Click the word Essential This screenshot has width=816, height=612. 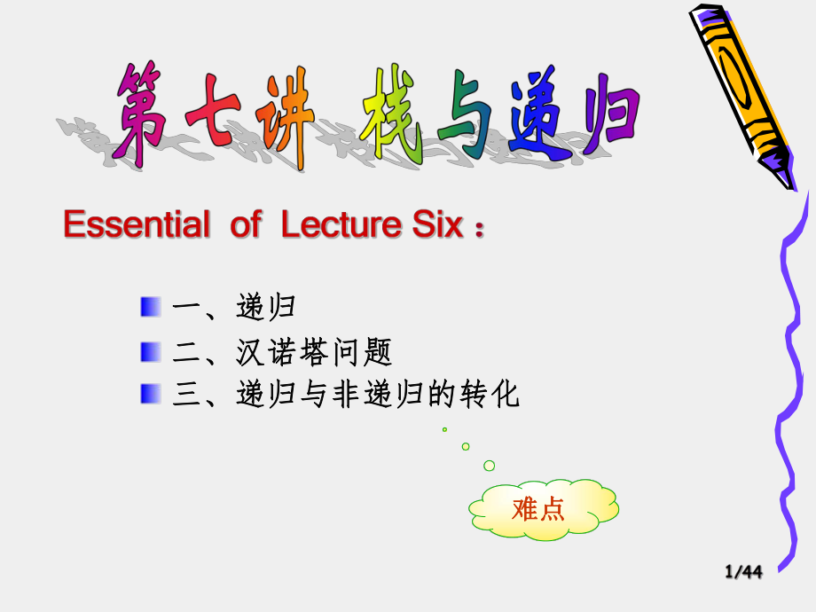pyautogui.click(x=133, y=225)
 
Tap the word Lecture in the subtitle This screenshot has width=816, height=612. pyautogui.click(x=341, y=225)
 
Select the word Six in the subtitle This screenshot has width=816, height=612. pyautogui.click(x=437, y=225)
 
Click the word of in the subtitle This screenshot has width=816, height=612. pyautogui.click(x=245, y=225)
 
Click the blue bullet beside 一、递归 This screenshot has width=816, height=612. pyautogui.click(x=150, y=307)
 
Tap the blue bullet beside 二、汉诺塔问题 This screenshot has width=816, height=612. pyautogui.click(x=150, y=352)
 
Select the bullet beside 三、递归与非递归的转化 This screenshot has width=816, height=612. pyautogui.click(x=150, y=394)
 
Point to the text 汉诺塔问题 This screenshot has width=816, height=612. pyautogui.click(x=314, y=353)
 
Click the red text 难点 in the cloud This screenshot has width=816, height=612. pyautogui.click(x=538, y=509)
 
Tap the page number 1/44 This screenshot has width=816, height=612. pyautogui.click(x=743, y=573)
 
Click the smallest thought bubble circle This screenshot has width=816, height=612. pyautogui.click(x=444, y=429)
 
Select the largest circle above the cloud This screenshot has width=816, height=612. pyautogui.click(x=489, y=466)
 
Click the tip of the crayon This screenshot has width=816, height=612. pyautogui.click(x=789, y=184)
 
